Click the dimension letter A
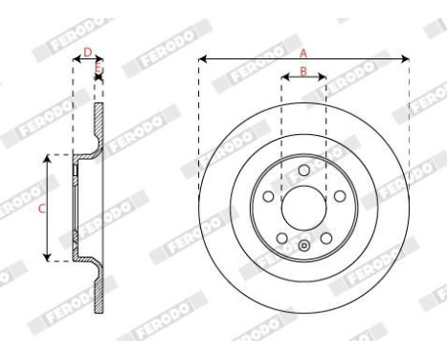(303, 53)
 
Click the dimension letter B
(303, 71)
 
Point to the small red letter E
(98, 69)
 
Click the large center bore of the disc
(303, 202)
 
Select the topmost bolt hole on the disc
(303, 169)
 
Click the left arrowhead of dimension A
(202, 61)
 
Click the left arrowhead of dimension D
(76, 60)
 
